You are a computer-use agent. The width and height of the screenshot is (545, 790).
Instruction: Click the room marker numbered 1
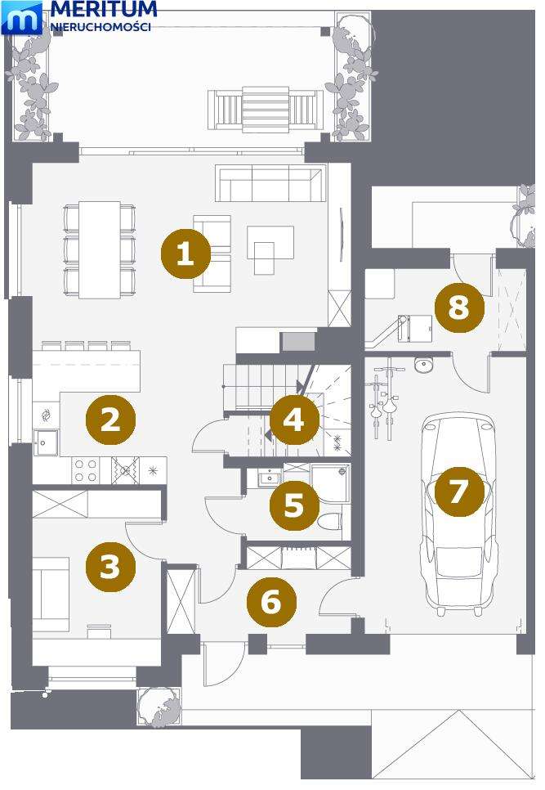pyautogui.click(x=185, y=254)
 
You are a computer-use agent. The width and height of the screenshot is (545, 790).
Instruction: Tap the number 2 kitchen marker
pyautogui.click(x=110, y=420)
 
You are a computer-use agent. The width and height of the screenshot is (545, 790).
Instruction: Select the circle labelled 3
pyautogui.click(x=110, y=567)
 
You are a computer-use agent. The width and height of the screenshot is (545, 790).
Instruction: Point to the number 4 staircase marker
pyautogui.click(x=294, y=420)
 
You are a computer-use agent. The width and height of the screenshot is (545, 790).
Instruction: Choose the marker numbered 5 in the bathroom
pyautogui.click(x=294, y=505)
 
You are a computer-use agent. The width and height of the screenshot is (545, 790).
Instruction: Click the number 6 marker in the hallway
pyautogui.click(x=272, y=602)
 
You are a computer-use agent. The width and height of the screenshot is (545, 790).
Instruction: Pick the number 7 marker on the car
pyautogui.click(x=459, y=492)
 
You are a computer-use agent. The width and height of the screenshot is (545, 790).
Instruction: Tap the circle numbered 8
pyautogui.click(x=459, y=307)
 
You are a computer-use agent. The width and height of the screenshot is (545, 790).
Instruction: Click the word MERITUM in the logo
pyautogui.click(x=104, y=9)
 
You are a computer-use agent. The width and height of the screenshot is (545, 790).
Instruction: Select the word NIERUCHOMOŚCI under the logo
pyautogui.click(x=101, y=27)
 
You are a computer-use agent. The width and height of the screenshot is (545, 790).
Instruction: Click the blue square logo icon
pyautogui.click(x=22, y=18)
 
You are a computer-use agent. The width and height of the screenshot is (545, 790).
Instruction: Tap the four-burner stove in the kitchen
pyautogui.click(x=86, y=470)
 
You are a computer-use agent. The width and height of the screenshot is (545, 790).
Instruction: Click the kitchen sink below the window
pyautogui.click(x=45, y=442)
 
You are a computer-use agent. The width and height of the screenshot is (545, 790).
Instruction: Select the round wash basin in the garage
pyautogui.click(x=424, y=364)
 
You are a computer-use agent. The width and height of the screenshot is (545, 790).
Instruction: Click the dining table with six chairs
pyautogui.click(x=100, y=250)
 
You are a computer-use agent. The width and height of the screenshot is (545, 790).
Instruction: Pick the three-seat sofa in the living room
pyautogui.click(x=270, y=183)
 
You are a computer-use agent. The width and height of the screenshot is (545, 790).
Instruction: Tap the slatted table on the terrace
pyautogui.click(x=266, y=110)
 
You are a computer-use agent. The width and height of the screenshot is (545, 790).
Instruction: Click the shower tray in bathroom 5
pyautogui.click(x=329, y=483)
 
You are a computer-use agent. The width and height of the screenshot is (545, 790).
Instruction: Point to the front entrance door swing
pyautogui.click(x=225, y=664)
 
